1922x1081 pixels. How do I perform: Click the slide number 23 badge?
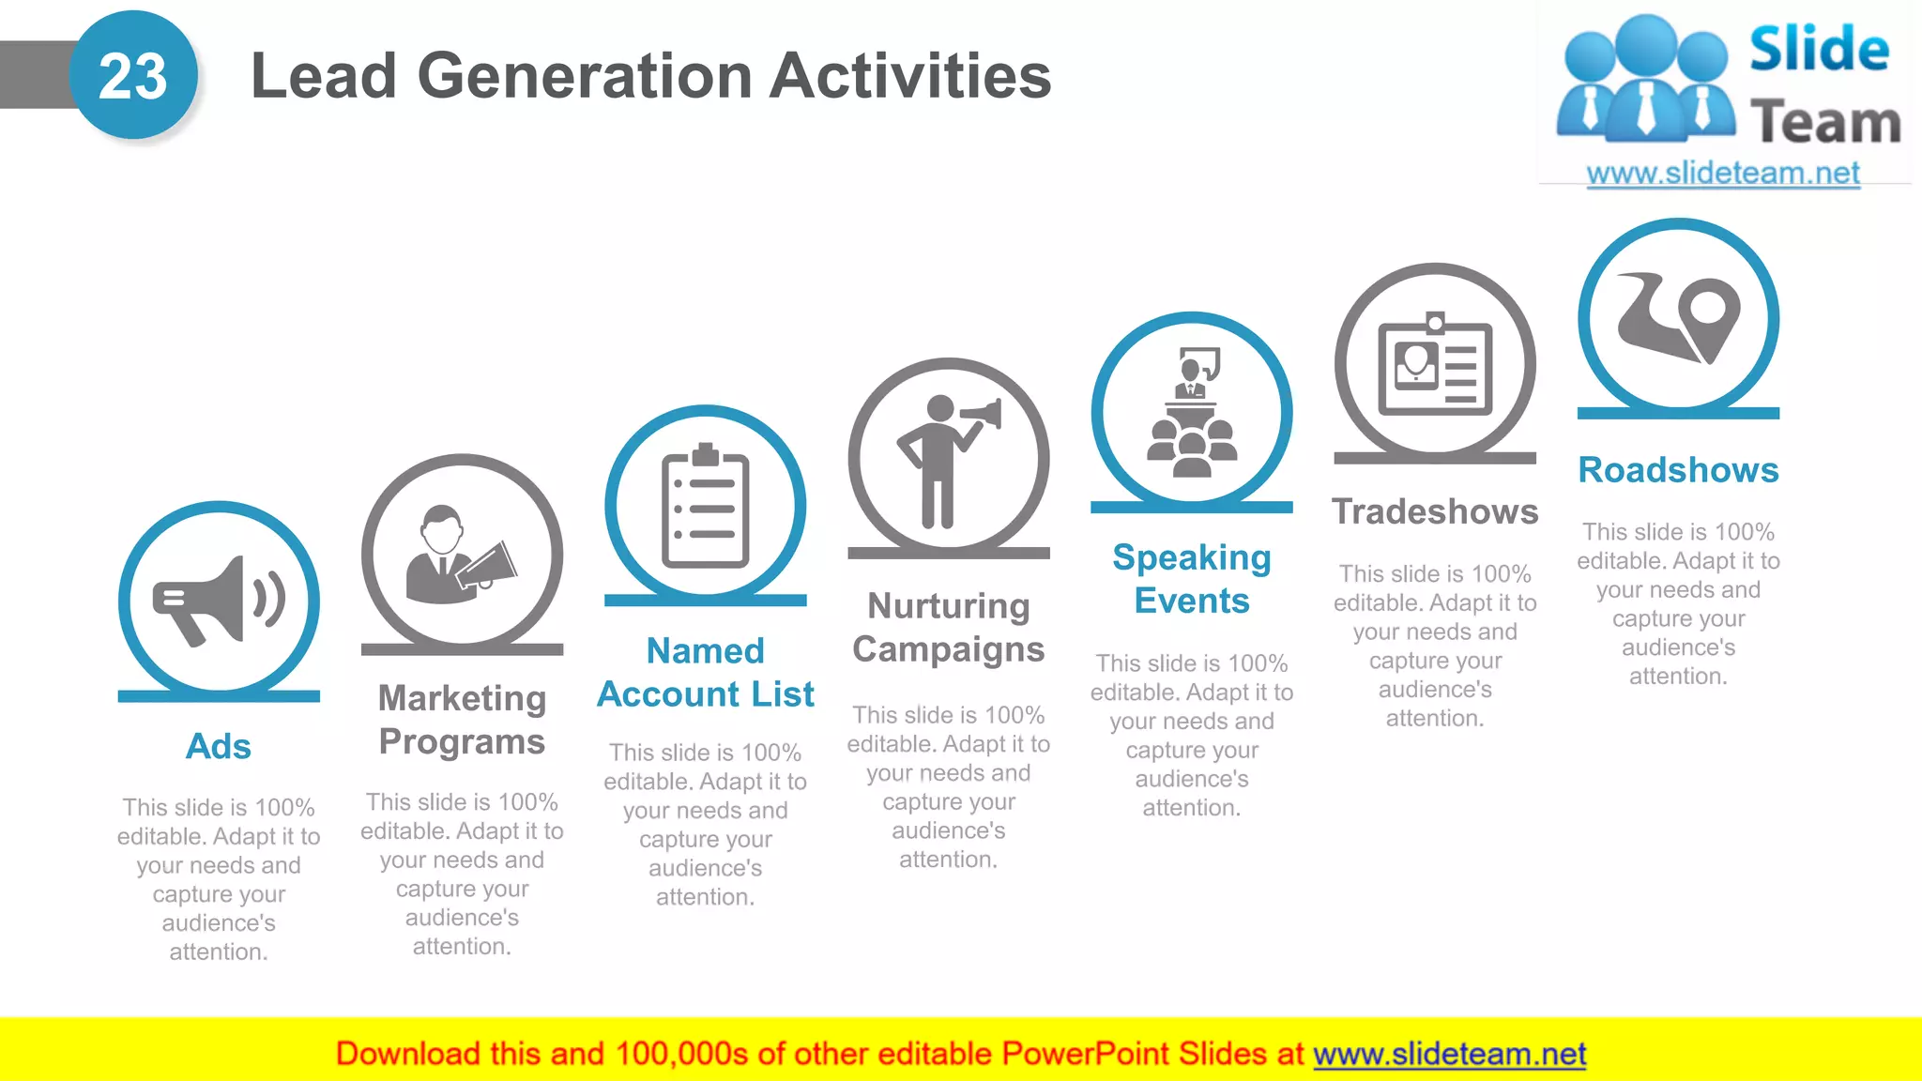click(133, 76)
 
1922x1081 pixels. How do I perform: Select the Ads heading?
click(219, 747)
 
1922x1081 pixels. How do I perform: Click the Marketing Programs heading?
click(462, 720)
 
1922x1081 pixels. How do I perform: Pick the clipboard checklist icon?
click(706, 507)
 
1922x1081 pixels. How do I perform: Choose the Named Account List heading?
click(706, 673)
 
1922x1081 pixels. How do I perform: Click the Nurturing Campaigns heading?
click(949, 628)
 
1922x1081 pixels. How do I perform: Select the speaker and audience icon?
click(1192, 413)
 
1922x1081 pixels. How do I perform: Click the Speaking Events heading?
click(1192, 579)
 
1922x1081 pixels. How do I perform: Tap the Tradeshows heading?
click(1435, 512)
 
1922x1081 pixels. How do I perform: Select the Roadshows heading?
click(1678, 470)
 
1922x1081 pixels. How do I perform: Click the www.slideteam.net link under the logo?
click(1723, 174)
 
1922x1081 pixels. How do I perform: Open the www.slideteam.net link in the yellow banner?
click(1449, 1055)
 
